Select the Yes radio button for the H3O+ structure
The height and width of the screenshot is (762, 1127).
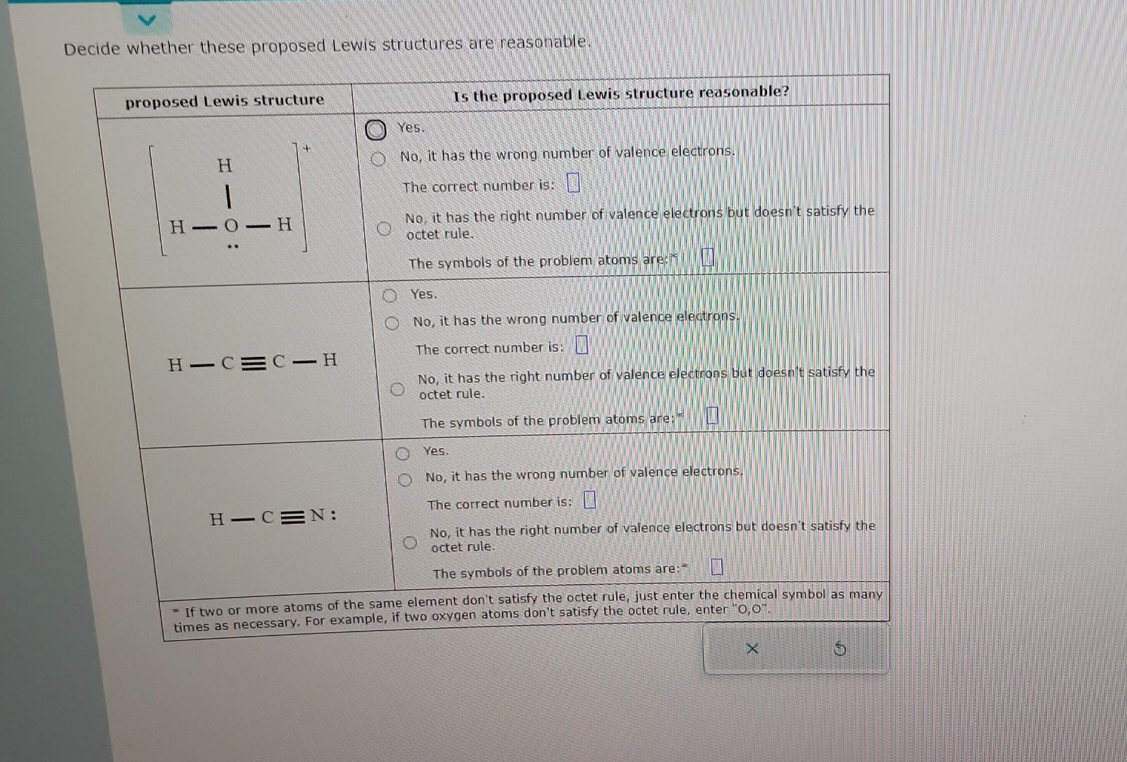tap(375, 130)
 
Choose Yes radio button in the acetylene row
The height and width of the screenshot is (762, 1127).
tap(389, 296)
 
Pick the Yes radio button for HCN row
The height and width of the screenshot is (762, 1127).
tap(402, 453)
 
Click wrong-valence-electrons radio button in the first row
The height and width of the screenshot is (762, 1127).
tap(379, 159)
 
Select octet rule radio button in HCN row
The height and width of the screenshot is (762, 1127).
tap(410, 543)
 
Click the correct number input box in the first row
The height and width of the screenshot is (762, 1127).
tap(573, 184)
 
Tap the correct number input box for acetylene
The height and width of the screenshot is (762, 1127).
tap(581, 346)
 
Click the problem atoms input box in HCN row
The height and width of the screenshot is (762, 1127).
tap(717, 567)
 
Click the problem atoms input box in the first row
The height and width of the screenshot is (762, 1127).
tap(708, 258)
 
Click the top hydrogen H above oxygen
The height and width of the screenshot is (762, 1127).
tap(224, 166)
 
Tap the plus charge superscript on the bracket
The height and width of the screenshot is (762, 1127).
tap(306, 149)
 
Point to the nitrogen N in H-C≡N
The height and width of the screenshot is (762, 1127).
tap(318, 515)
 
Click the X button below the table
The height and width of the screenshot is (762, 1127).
tap(752, 648)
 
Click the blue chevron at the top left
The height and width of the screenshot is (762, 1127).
tap(146, 20)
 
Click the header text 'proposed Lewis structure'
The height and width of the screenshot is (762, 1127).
tap(224, 101)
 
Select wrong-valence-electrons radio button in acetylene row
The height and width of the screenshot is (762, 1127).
tap(392, 323)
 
